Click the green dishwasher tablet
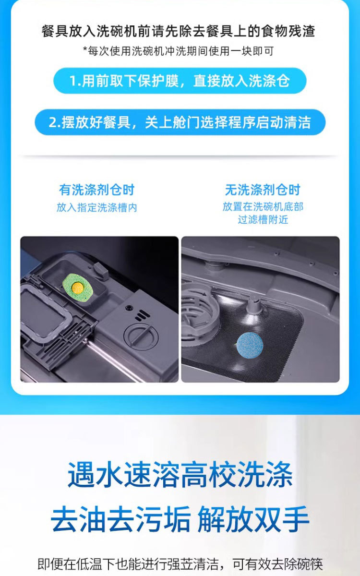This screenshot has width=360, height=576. coord(76,287)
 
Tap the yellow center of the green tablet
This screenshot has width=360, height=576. coord(76,288)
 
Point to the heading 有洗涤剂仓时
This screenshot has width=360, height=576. coord(97,190)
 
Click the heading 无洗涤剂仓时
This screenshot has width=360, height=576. coord(263,190)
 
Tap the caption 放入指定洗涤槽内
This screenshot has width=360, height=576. coord(97,208)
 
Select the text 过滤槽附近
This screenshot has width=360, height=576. coord(263,220)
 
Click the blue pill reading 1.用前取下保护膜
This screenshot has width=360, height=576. coord(180,81)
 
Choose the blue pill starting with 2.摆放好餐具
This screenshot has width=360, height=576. coord(180,122)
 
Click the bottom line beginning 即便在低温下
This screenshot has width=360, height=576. coord(180,562)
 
